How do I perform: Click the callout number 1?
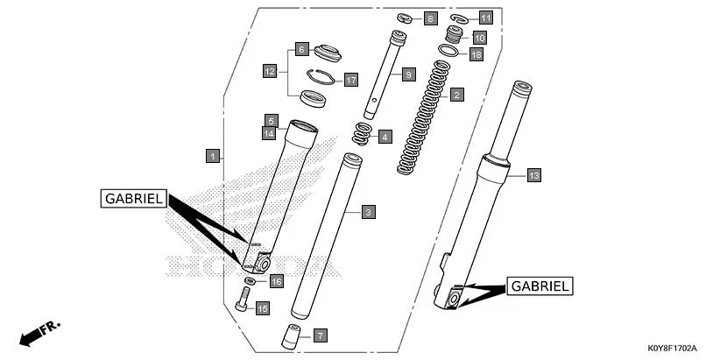212,156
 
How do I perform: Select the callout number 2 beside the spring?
456,93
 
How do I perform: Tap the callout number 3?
369,212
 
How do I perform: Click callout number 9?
407,75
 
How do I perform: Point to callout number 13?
533,175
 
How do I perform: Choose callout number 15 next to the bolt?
262,307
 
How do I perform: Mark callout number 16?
276,281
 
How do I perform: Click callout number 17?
350,80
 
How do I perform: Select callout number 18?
476,54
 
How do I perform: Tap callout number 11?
485,17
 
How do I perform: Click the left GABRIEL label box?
133,199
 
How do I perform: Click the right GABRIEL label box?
540,286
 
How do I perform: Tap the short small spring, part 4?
360,135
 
